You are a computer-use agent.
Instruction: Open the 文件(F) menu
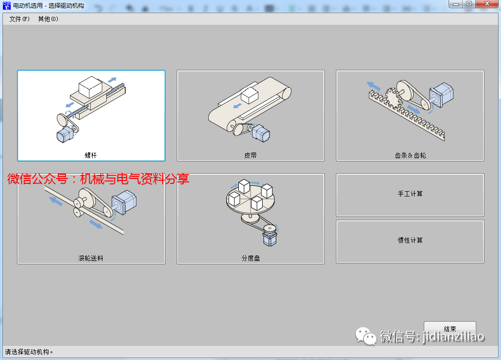(x=19, y=19)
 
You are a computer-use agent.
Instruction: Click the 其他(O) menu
(x=48, y=19)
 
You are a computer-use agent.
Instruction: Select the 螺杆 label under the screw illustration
(x=91, y=155)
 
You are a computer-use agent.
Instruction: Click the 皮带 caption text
(x=250, y=155)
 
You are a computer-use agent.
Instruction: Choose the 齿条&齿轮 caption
(x=410, y=155)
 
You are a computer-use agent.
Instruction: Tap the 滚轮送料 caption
(x=91, y=258)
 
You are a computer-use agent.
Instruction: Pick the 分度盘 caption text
(x=250, y=258)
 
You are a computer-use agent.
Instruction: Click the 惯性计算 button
(x=410, y=241)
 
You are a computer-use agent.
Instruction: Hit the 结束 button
(x=450, y=328)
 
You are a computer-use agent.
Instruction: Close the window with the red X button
(x=486, y=3)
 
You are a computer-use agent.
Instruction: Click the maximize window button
(x=469, y=3)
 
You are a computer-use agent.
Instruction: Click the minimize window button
(x=456, y=3)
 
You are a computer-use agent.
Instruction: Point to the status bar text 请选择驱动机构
(x=29, y=352)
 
